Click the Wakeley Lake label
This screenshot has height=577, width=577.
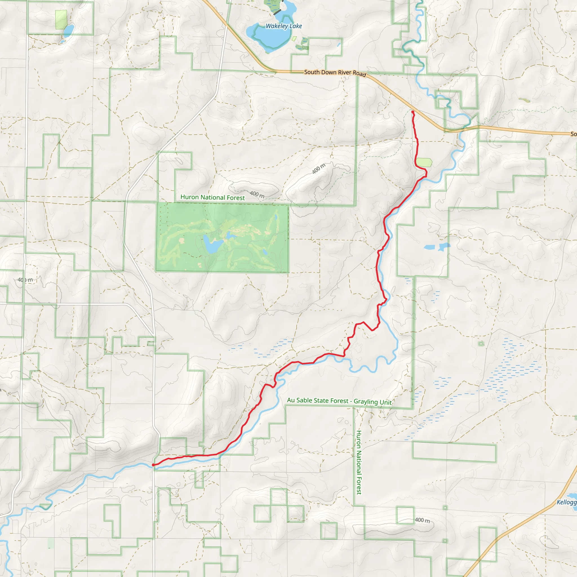click(284, 26)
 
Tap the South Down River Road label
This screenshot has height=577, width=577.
click(335, 73)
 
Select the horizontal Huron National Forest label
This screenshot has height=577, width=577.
click(212, 197)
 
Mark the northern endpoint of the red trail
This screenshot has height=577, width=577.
click(413, 112)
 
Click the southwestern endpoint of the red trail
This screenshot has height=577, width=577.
click(153, 465)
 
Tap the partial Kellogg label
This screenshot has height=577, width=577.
click(566, 502)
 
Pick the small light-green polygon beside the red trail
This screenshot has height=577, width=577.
click(424, 162)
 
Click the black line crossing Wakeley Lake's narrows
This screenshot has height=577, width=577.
click(277, 12)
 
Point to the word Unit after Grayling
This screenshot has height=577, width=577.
click(386, 402)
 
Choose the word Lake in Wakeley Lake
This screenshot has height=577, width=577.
click(296, 26)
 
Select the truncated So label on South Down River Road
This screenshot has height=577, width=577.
click(573, 134)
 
